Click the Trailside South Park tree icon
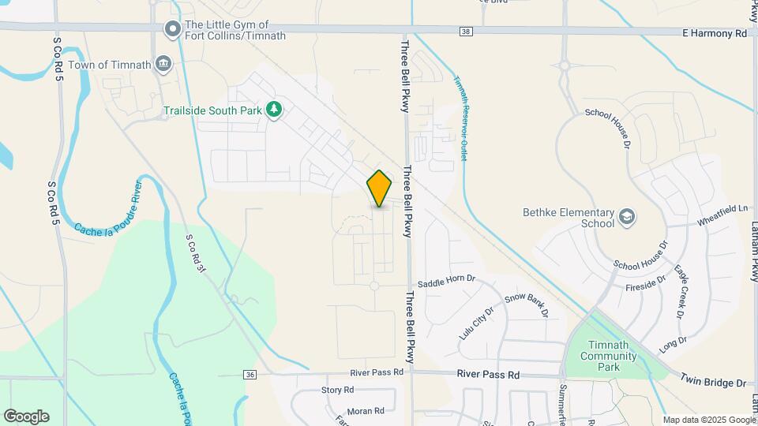(x=274, y=110)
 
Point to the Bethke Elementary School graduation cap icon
(x=627, y=217)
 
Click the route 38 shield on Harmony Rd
(x=466, y=32)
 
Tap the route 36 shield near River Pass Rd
(x=250, y=374)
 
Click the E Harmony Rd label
(x=715, y=34)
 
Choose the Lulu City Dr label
(x=476, y=323)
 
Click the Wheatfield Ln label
(x=722, y=215)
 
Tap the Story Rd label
(x=337, y=390)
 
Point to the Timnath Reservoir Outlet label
(x=459, y=118)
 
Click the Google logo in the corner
(x=26, y=416)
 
